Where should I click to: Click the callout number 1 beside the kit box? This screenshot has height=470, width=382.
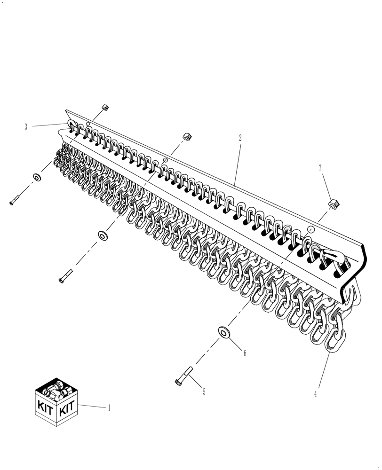click(109, 408)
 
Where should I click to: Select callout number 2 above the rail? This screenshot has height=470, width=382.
click(240, 138)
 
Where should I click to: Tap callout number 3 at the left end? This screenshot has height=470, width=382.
click(26, 126)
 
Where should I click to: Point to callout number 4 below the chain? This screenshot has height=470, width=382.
click(316, 394)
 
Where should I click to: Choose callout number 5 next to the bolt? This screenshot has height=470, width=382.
click(204, 392)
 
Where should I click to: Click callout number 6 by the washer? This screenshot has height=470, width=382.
click(244, 352)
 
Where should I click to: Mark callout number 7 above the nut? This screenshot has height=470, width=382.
click(321, 168)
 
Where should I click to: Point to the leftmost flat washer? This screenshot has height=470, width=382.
click(36, 178)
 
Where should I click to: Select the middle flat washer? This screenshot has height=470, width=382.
click(102, 235)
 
